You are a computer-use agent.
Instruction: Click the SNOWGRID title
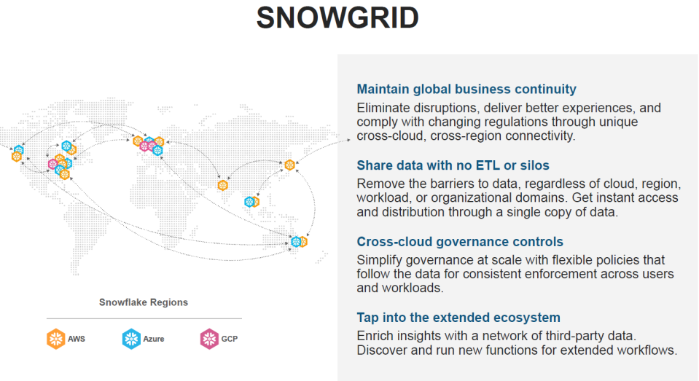point(337,17)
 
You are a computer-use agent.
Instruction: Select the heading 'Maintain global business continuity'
point(466,89)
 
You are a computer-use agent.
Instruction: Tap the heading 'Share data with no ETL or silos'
point(453,165)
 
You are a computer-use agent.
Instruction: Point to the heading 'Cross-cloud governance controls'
point(460,242)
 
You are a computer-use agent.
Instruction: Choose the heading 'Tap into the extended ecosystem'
point(458,318)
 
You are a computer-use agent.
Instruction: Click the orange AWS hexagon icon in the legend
point(55,339)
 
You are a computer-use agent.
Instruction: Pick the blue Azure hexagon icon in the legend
point(131,339)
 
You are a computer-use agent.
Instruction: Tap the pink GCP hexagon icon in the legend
point(209,339)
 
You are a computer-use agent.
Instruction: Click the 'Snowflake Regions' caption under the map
point(144,302)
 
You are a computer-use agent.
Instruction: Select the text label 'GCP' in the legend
point(230,339)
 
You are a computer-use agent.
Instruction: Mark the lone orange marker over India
point(222,185)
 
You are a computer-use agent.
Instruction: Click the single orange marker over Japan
point(290,165)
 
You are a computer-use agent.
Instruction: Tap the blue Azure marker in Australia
point(295,242)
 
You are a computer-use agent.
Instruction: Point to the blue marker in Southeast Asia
point(249,203)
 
